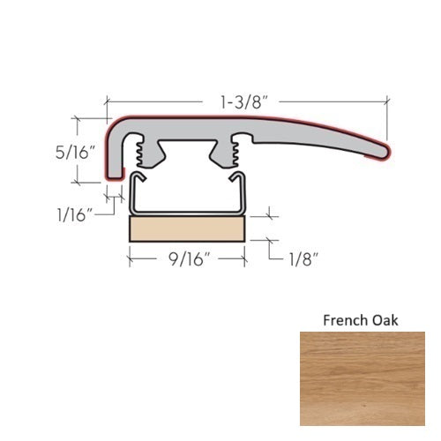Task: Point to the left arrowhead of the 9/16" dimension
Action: (x=133, y=258)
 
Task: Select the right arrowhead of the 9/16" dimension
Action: (x=241, y=258)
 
